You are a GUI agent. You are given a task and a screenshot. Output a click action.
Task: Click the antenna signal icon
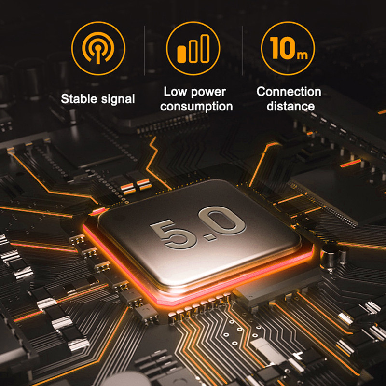[x=98, y=48]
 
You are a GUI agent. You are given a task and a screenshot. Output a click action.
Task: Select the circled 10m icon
[x=288, y=48]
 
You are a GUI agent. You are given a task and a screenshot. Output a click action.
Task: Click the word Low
[x=174, y=92]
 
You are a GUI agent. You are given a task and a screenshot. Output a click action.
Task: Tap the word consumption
[x=196, y=107]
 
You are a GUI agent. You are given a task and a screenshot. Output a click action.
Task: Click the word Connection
[x=289, y=92]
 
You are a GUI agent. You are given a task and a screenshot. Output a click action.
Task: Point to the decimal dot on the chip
[x=199, y=238]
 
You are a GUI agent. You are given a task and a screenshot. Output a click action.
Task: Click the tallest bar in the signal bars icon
[x=206, y=48]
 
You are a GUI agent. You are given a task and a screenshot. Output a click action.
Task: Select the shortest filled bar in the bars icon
[x=182, y=54]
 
